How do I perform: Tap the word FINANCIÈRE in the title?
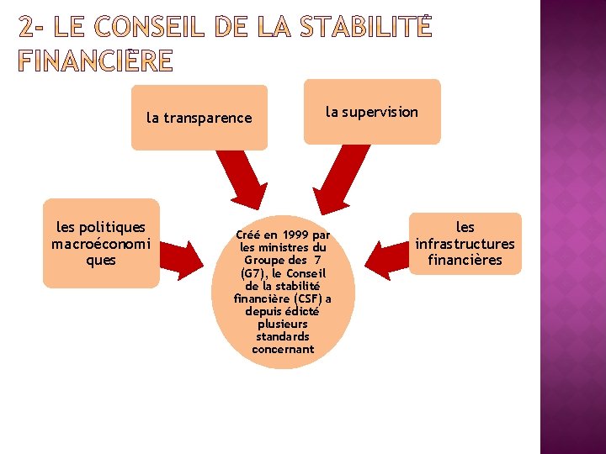(95, 61)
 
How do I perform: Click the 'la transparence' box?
(199, 118)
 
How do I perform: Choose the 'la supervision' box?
(372, 112)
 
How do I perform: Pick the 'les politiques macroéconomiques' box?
(101, 243)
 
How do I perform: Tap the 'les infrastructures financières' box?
(465, 243)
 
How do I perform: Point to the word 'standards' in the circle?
(283, 336)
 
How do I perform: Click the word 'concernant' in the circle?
(283, 349)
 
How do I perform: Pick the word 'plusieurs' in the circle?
(283, 324)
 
